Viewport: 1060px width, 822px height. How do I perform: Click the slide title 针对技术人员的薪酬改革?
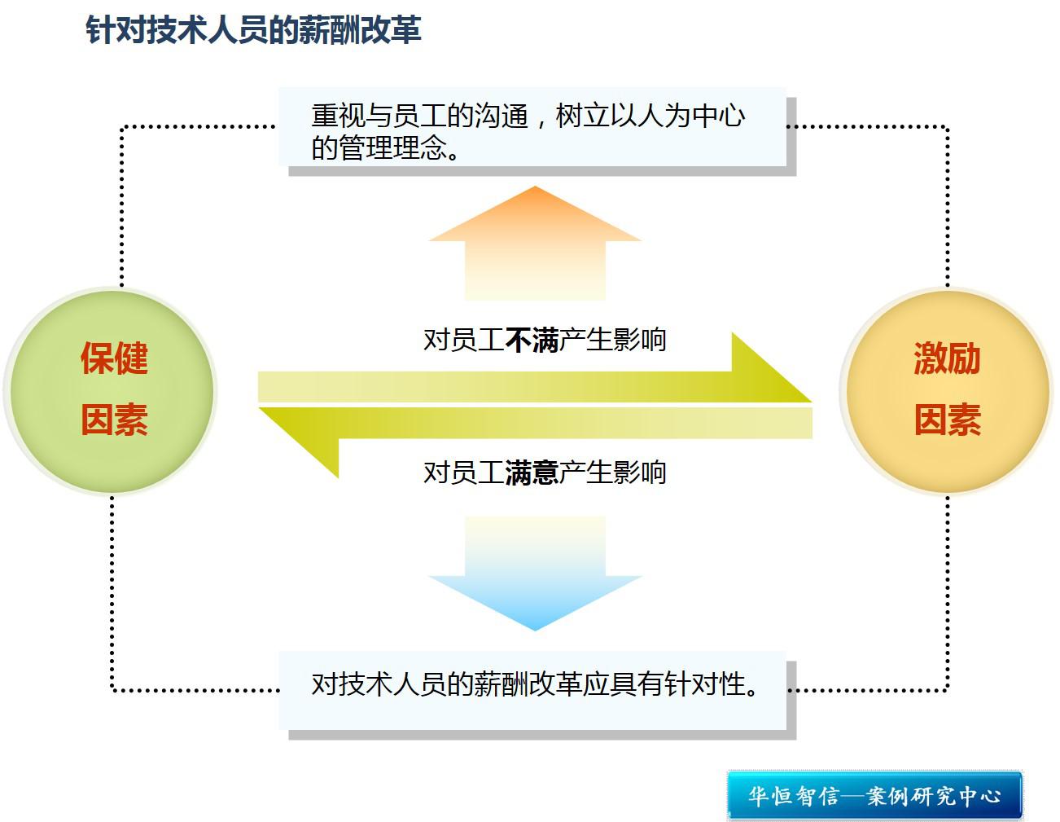253,30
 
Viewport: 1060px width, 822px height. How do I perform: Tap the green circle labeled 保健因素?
111,391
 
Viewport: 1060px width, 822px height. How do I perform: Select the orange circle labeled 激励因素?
946,391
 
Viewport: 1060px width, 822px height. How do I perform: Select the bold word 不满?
532,340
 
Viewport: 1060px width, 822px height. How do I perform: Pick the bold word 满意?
532,473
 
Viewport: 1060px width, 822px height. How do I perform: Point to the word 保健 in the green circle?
114,358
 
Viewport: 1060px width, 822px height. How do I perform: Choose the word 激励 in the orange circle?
947,358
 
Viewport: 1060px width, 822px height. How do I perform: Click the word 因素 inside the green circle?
114,420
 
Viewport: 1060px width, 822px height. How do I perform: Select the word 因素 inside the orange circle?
947,420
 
